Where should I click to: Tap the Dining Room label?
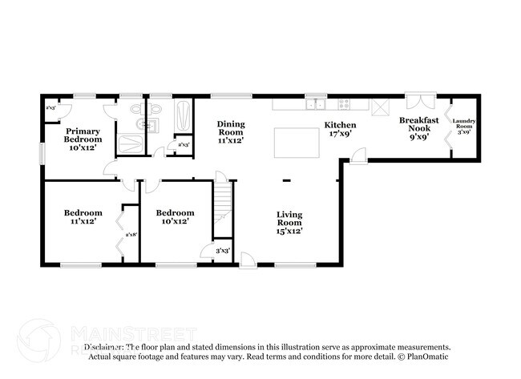(x=231, y=131)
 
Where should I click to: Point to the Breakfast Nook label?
(x=418, y=127)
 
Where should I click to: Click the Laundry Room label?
(x=464, y=127)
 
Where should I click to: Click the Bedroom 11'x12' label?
(x=83, y=216)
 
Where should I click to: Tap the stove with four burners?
(x=344, y=103)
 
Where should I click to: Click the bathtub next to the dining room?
(x=182, y=117)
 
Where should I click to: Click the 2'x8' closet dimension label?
(x=131, y=235)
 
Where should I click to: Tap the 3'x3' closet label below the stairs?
(x=224, y=252)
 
